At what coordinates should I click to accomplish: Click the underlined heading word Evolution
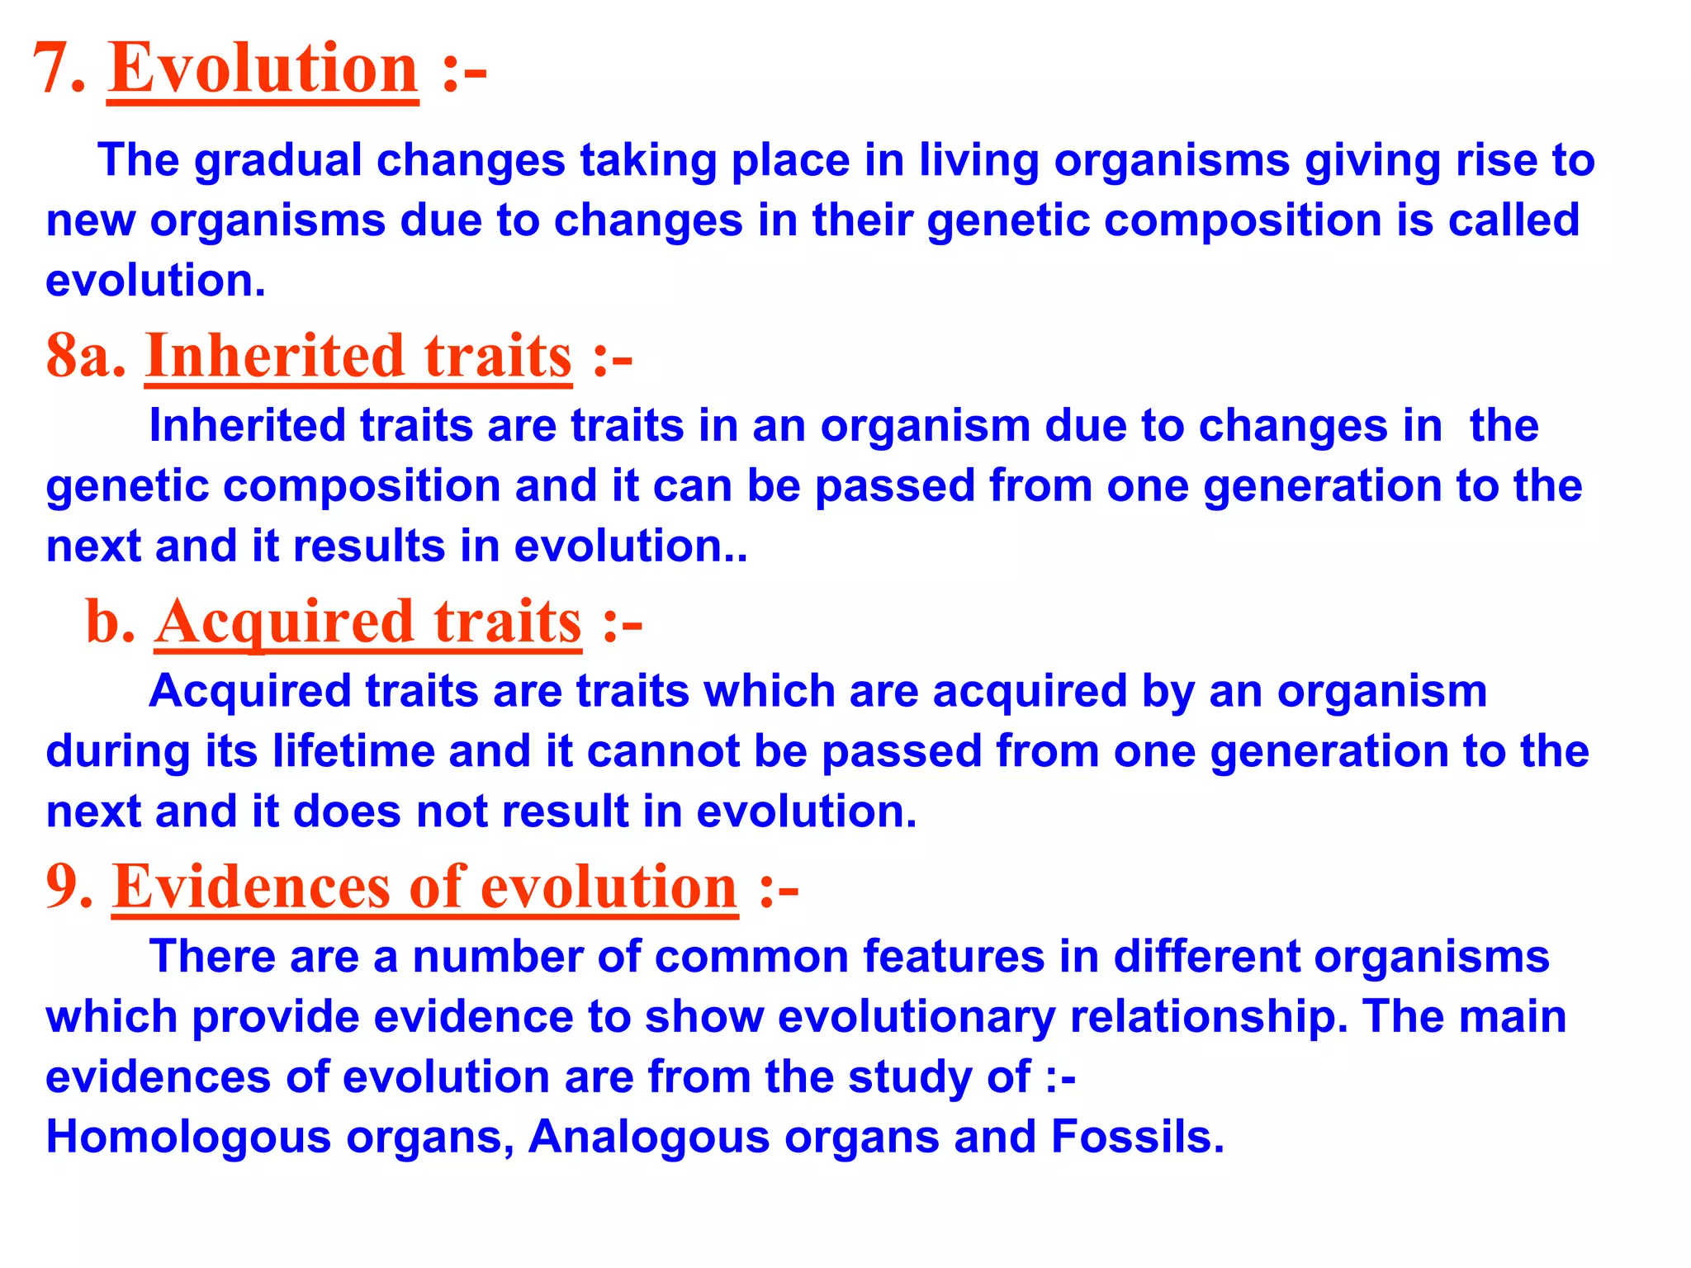[263, 69]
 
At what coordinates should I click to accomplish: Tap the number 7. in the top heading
[59, 69]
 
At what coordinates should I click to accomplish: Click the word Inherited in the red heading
[274, 357]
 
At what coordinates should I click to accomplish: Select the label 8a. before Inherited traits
[86, 357]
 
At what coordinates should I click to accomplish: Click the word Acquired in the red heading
[284, 622]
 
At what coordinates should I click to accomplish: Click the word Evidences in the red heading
[252, 887]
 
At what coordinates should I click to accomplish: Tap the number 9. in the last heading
[69, 887]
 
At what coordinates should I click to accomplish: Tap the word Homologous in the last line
[188, 1137]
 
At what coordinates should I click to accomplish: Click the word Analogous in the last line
[649, 1137]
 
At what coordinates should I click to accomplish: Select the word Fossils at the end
[1137, 1137]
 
